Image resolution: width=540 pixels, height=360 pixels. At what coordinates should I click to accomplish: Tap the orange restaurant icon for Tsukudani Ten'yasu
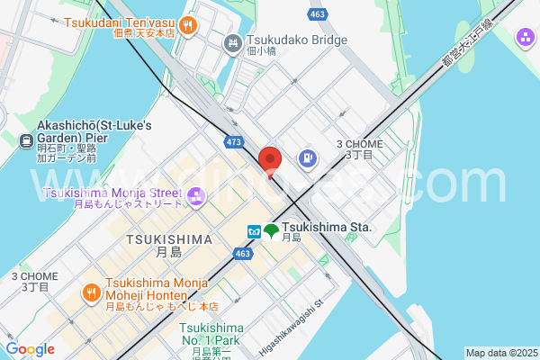(x=187, y=25)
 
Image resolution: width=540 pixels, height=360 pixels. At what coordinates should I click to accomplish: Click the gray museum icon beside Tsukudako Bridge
(x=232, y=41)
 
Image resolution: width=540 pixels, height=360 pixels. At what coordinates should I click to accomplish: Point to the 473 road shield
(x=234, y=142)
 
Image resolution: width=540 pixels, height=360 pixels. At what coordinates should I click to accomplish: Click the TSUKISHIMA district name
(x=169, y=239)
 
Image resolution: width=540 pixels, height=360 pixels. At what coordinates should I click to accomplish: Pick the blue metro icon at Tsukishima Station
(x=255, y=231)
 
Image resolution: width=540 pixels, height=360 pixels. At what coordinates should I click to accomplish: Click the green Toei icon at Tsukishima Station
(x=271, y=231)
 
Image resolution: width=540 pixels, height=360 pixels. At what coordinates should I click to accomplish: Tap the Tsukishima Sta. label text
(x=326, y=228)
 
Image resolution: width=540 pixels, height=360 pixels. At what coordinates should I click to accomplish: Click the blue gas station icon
(x=307, y=159)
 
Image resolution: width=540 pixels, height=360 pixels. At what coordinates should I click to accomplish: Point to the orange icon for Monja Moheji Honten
(x=91, y=293)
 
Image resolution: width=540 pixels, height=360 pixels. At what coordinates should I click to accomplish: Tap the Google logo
(x=30, y=349)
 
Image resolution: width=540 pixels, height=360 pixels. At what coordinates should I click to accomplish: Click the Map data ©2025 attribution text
(x=500, y=353)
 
